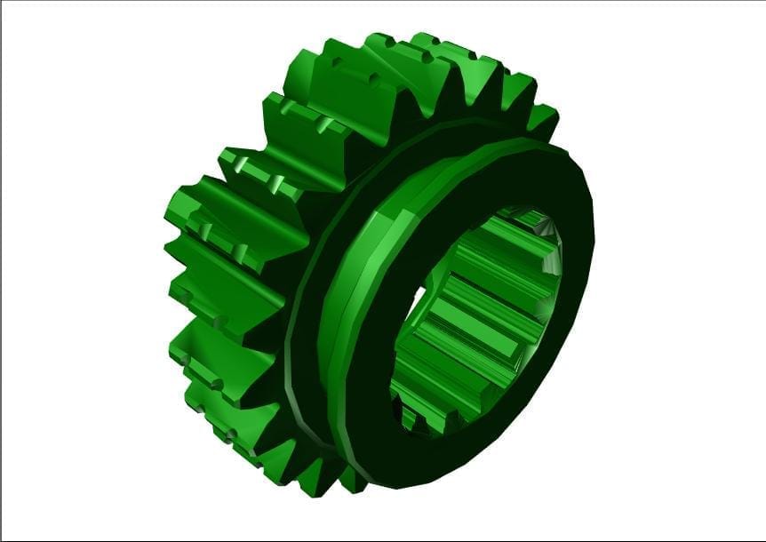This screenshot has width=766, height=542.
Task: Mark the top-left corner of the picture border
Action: (1, 1)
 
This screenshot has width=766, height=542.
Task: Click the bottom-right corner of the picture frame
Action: (764, 539)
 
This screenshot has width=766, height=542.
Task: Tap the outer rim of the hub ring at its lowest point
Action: (391, 485)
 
